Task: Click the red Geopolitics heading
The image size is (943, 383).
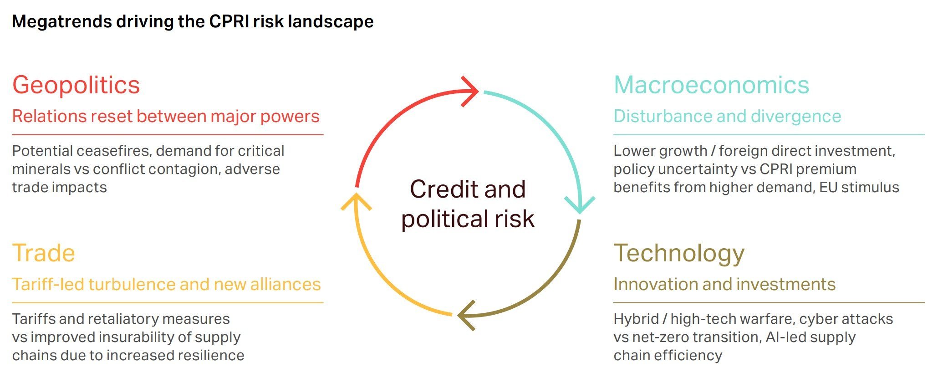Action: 76,85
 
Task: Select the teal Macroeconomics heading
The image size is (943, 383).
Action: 711,85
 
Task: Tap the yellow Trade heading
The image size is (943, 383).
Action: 44,253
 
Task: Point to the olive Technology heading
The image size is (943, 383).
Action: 679,253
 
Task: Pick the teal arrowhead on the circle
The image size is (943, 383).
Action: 579,205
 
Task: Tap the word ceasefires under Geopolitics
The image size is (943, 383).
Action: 113,151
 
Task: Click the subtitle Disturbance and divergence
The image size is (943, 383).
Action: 727,116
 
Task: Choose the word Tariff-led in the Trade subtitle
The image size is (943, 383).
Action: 48,284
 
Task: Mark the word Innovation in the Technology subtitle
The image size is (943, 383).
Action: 651,284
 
